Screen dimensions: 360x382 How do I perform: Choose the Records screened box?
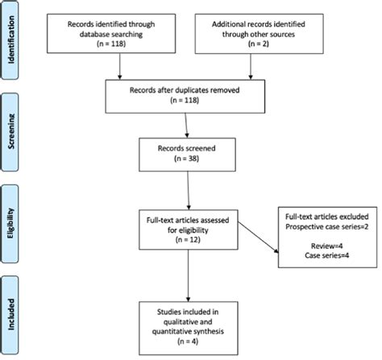tap(187, 155)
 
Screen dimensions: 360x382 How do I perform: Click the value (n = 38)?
tap(187, 160)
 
